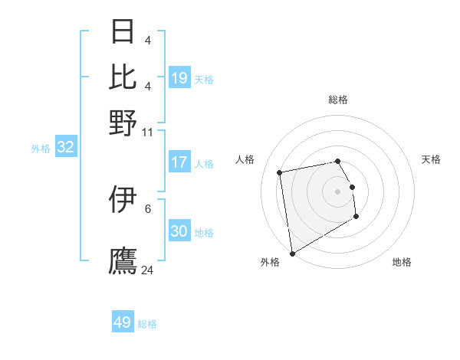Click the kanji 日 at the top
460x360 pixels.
click(x=123, y=32)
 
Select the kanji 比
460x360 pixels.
click(x=123, y=77)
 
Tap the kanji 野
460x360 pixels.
click(x=123, y=123)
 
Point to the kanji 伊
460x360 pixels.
click(x=123, y=201)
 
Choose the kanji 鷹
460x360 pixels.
click(x=123, y=260)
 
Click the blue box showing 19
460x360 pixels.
click(x=179, y=78)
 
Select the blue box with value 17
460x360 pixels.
click(x=179, y=162)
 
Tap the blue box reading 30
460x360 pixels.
click(x=179, y=231)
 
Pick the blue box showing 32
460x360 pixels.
click(x=65, y=148)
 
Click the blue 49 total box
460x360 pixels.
click(x=123, y=322)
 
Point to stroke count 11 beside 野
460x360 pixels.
click(x=148, y=133)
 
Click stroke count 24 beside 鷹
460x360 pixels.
click(x=148, y=270)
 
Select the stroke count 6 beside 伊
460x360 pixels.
click(x=148, y=208)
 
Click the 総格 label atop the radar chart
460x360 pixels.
click(x=337, y=100)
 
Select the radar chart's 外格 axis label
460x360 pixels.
click(x=270, y=262)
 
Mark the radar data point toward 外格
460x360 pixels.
click(x=292, y=253)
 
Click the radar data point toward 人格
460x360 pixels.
click(x=280, y=172)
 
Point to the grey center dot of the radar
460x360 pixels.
click(x=337, y=191)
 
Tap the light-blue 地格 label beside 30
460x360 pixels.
click(x=204, y=232)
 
